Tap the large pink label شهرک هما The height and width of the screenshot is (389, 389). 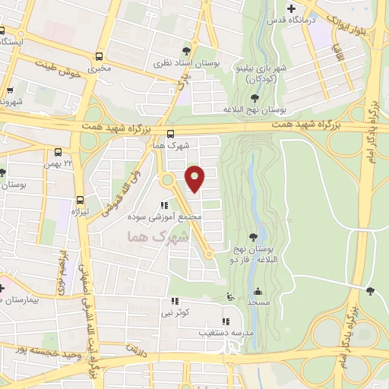(153, 237)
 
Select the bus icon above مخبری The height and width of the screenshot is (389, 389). (100, 57)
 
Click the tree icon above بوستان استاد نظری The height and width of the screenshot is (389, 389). (187, 52)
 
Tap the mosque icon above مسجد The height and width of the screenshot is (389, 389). (258, 292)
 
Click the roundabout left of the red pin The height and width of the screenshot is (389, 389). (166, 181)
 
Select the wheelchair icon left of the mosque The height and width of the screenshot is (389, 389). (231, 297)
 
